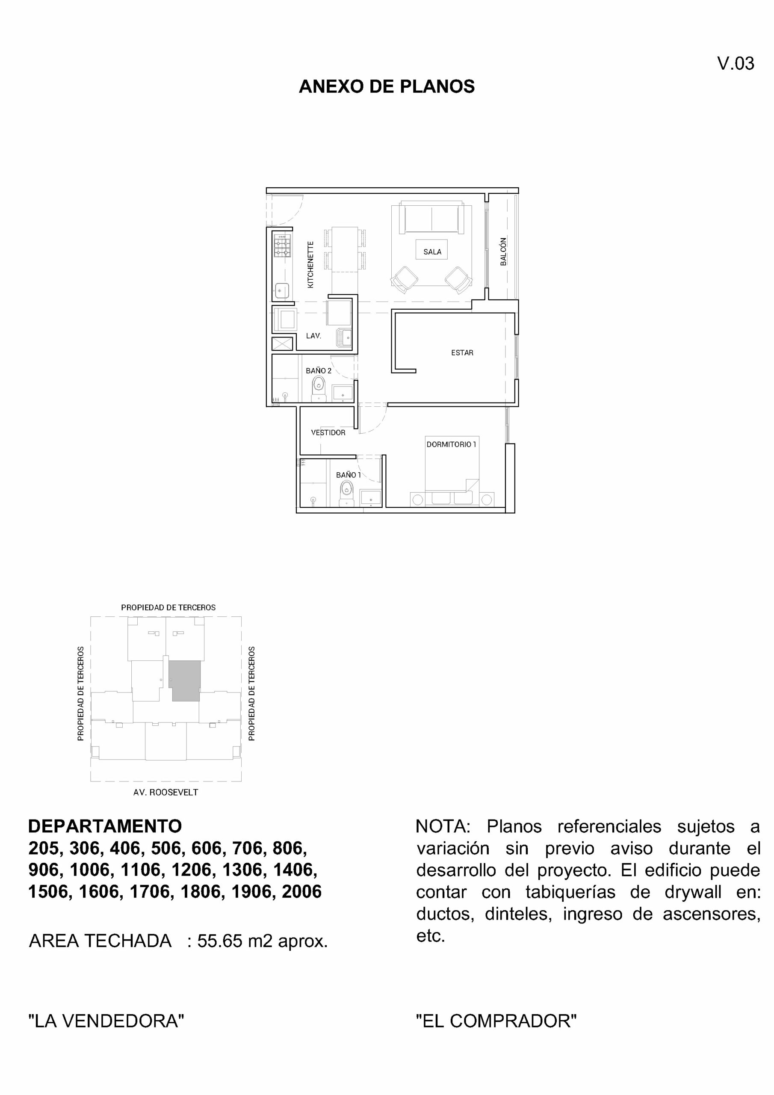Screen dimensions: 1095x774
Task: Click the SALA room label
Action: click(x=432, y=252)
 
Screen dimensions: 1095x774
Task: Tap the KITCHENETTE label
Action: click(x=310, y=265)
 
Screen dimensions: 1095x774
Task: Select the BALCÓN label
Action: click(x=504, y=252)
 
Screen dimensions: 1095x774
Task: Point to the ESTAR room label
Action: click(x=462, y=353)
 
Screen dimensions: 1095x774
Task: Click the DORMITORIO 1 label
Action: click(x=451, y=444)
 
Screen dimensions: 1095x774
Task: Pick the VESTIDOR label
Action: click(x=328, y=432)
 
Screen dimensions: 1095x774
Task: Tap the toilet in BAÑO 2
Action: click(x=318, y=386)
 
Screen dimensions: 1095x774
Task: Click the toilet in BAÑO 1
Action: click(x=347, y=491)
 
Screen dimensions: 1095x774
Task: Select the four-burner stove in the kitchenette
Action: click(x=282, y=246)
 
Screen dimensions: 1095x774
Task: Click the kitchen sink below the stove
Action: click(x=282, y=290)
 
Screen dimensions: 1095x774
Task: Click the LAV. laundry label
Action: click(x=313, y=336)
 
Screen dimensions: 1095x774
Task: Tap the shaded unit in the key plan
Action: click(x=185, y=681)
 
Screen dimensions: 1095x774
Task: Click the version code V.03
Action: click(x=736, y=63)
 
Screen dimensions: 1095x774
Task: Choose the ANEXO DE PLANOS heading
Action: click(x=386, y=86)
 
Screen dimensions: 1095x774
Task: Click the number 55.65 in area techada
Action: click(x=220, y=941)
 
